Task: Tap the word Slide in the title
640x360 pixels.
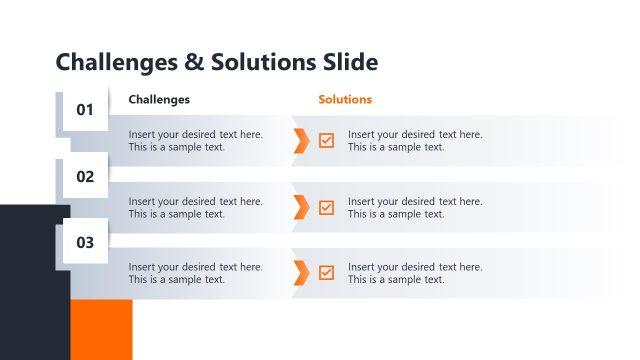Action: click(x=351, y=62)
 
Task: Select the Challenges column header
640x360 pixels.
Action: click(x=159, y=100)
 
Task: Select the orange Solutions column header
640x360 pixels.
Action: click(x=345, y=100)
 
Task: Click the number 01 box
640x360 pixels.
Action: click(x=85, y=110)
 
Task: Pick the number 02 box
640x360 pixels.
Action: click(x=85, y=177)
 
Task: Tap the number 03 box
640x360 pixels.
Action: click(x=85, y=242)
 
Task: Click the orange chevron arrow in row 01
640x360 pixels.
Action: click(x=301, y=141)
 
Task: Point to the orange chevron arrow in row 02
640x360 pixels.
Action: click(x=301, y=207)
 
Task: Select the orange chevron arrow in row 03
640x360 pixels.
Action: click(x=301, y=272)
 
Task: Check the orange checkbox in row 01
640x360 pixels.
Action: click(x=327, y=141)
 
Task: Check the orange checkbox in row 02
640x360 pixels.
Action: click(x=327, y=207)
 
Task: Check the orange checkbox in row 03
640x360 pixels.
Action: click(x=327, y=272)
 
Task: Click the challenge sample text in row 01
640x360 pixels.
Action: click(x=195, y=141)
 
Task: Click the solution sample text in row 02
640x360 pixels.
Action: click(x=415, y=207)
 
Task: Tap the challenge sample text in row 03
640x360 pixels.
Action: click(x=195, y=273)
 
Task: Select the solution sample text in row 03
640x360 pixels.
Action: click(x=415, y=273)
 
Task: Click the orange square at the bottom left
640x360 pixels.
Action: click(x=101, y=329)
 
